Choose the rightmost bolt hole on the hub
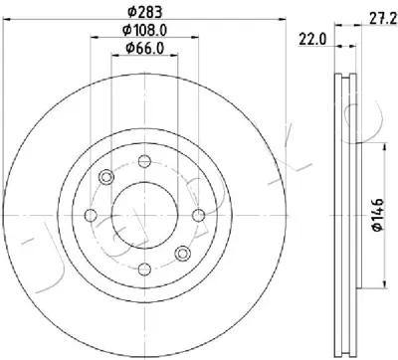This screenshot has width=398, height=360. click(199, 215)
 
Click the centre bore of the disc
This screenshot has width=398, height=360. click(144, 215)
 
